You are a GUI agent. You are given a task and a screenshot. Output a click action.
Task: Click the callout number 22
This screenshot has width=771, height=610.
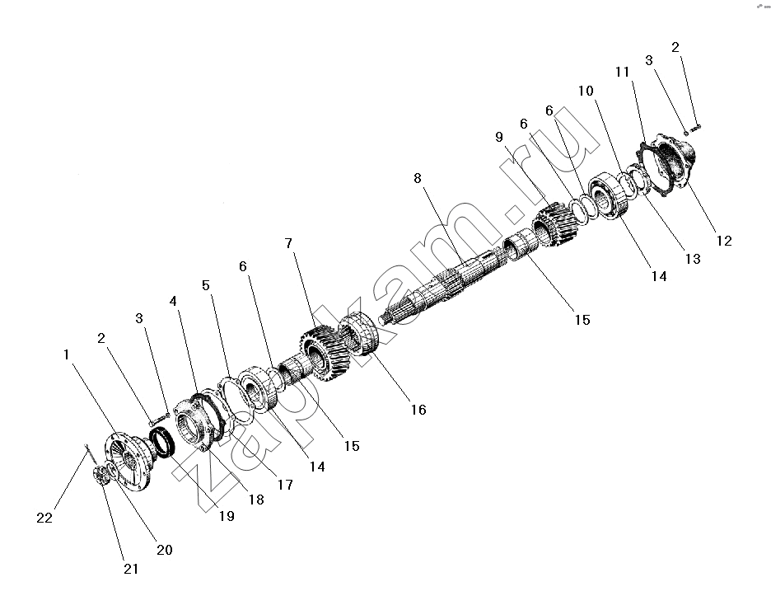tap(44, 518)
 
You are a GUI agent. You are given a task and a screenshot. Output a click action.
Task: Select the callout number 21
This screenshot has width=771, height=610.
tap(131, 569)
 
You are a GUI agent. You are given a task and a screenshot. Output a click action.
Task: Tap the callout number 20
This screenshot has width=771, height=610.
tap(165, 550)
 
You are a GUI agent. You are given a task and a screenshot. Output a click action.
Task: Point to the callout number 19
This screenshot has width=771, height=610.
tap(227, 515)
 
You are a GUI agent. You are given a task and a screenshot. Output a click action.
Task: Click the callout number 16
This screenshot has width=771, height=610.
tap(418, 410)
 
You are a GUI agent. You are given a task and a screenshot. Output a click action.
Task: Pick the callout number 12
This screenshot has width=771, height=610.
tap(724, 241)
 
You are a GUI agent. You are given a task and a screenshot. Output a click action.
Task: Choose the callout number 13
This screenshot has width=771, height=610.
tap(693, 259)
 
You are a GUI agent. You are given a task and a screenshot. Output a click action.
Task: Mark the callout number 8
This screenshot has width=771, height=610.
tap(418, 178)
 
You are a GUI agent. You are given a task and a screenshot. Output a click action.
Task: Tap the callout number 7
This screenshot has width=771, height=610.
tap(288, 243)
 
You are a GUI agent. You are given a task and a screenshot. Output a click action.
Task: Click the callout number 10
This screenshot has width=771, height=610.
tap(586, 91)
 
